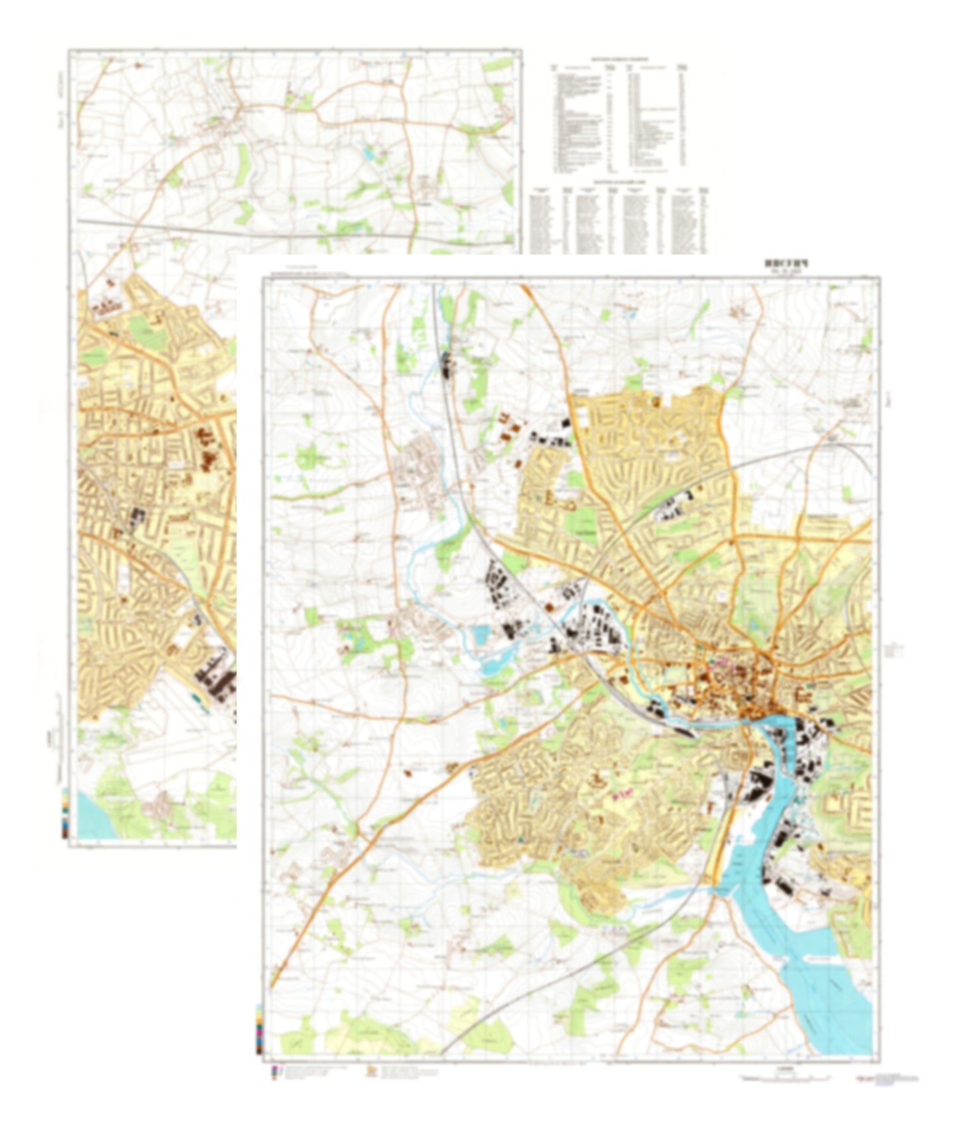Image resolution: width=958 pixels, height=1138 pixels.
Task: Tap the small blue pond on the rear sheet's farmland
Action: point(367,154)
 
